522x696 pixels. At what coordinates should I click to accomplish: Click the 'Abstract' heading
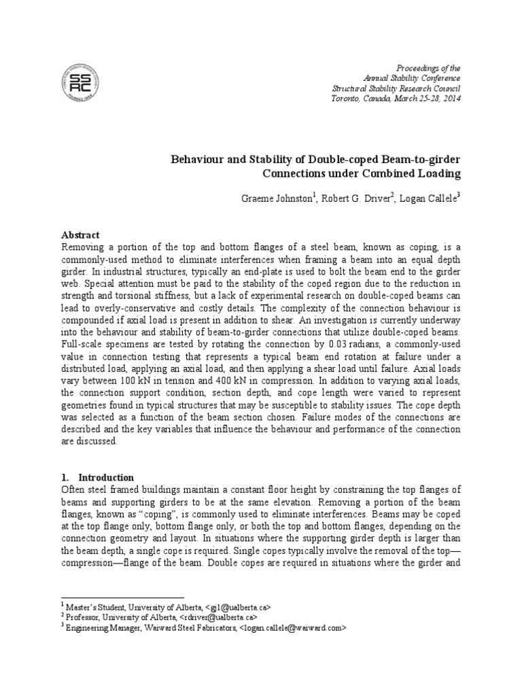[x=80, y=234]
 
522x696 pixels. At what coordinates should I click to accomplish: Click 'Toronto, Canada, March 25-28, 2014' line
[x=396, y=98]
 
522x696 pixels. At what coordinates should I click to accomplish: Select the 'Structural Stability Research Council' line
[x=396, y=88]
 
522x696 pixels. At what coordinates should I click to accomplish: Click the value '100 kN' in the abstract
[x=139, y=381]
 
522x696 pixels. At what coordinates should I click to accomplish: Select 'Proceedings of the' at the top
[x=428, y=69]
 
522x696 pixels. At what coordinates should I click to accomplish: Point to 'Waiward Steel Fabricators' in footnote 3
[x=190, y=629]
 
